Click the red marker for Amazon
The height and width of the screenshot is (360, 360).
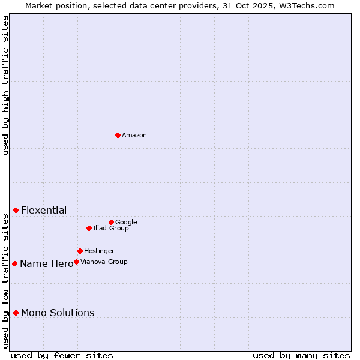click(118, 135)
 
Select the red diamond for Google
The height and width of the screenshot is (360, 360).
click(111, 222)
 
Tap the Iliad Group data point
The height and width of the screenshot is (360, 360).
click(89, 228)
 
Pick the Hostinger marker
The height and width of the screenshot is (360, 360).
click(80, 251)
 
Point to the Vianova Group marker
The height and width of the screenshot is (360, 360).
click(76, 262)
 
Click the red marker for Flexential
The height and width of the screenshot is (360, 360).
click(16, 210)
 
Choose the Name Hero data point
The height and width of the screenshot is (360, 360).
click(14, 263)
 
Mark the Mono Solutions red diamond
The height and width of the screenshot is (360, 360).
click(16, 313)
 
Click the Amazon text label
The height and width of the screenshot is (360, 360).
click(134, 136)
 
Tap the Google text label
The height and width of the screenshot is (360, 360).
click(126, 223)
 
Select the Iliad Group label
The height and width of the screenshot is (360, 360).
click(111, 229)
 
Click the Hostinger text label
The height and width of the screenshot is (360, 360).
click(99, 251)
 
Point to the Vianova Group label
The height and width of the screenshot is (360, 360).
click(104, 262)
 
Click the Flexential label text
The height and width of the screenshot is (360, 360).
click(44, 211)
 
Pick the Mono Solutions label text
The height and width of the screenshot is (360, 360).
click(58, 313)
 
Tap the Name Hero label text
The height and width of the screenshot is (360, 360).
click(46, 264)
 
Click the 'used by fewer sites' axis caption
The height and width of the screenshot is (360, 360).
click(62, 355)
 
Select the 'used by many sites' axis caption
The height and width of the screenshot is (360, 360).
click(301, 355)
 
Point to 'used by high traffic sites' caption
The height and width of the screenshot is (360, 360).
click(6, 85)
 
